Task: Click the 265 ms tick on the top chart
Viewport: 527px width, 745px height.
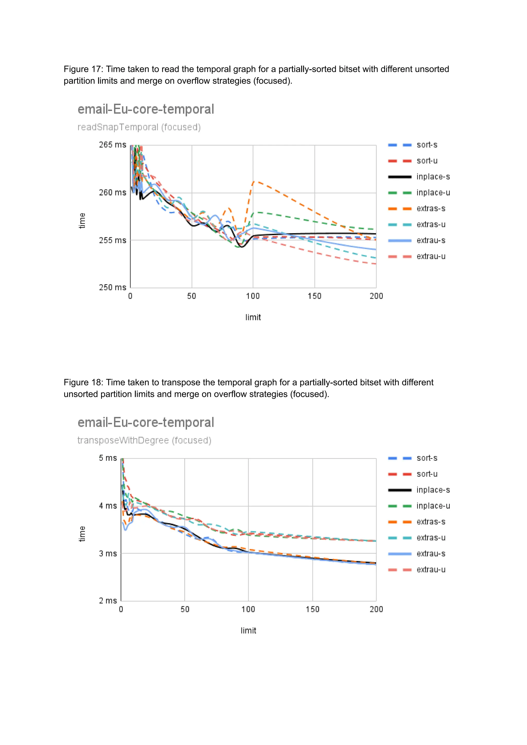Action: [x=112, y=145]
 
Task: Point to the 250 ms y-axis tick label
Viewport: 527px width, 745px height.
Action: [x=112, y=287]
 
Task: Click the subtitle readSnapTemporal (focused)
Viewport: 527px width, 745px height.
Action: [x=139, y=127]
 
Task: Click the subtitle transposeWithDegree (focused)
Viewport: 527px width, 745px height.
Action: [x=144, y=440]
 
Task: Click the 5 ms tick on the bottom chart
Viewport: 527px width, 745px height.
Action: [x=108, y=458]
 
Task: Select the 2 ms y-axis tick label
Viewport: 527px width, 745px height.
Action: [x=108, y=601]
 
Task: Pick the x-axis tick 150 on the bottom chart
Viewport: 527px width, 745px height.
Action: [x=312, y=610]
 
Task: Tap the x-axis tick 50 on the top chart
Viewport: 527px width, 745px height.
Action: [x=191, y=296]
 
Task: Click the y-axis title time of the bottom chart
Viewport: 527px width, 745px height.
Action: [x=82, y=534]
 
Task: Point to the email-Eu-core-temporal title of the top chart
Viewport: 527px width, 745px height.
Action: [x=146, y=109]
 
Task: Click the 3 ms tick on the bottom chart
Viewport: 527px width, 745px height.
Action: [x=108, y=553]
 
